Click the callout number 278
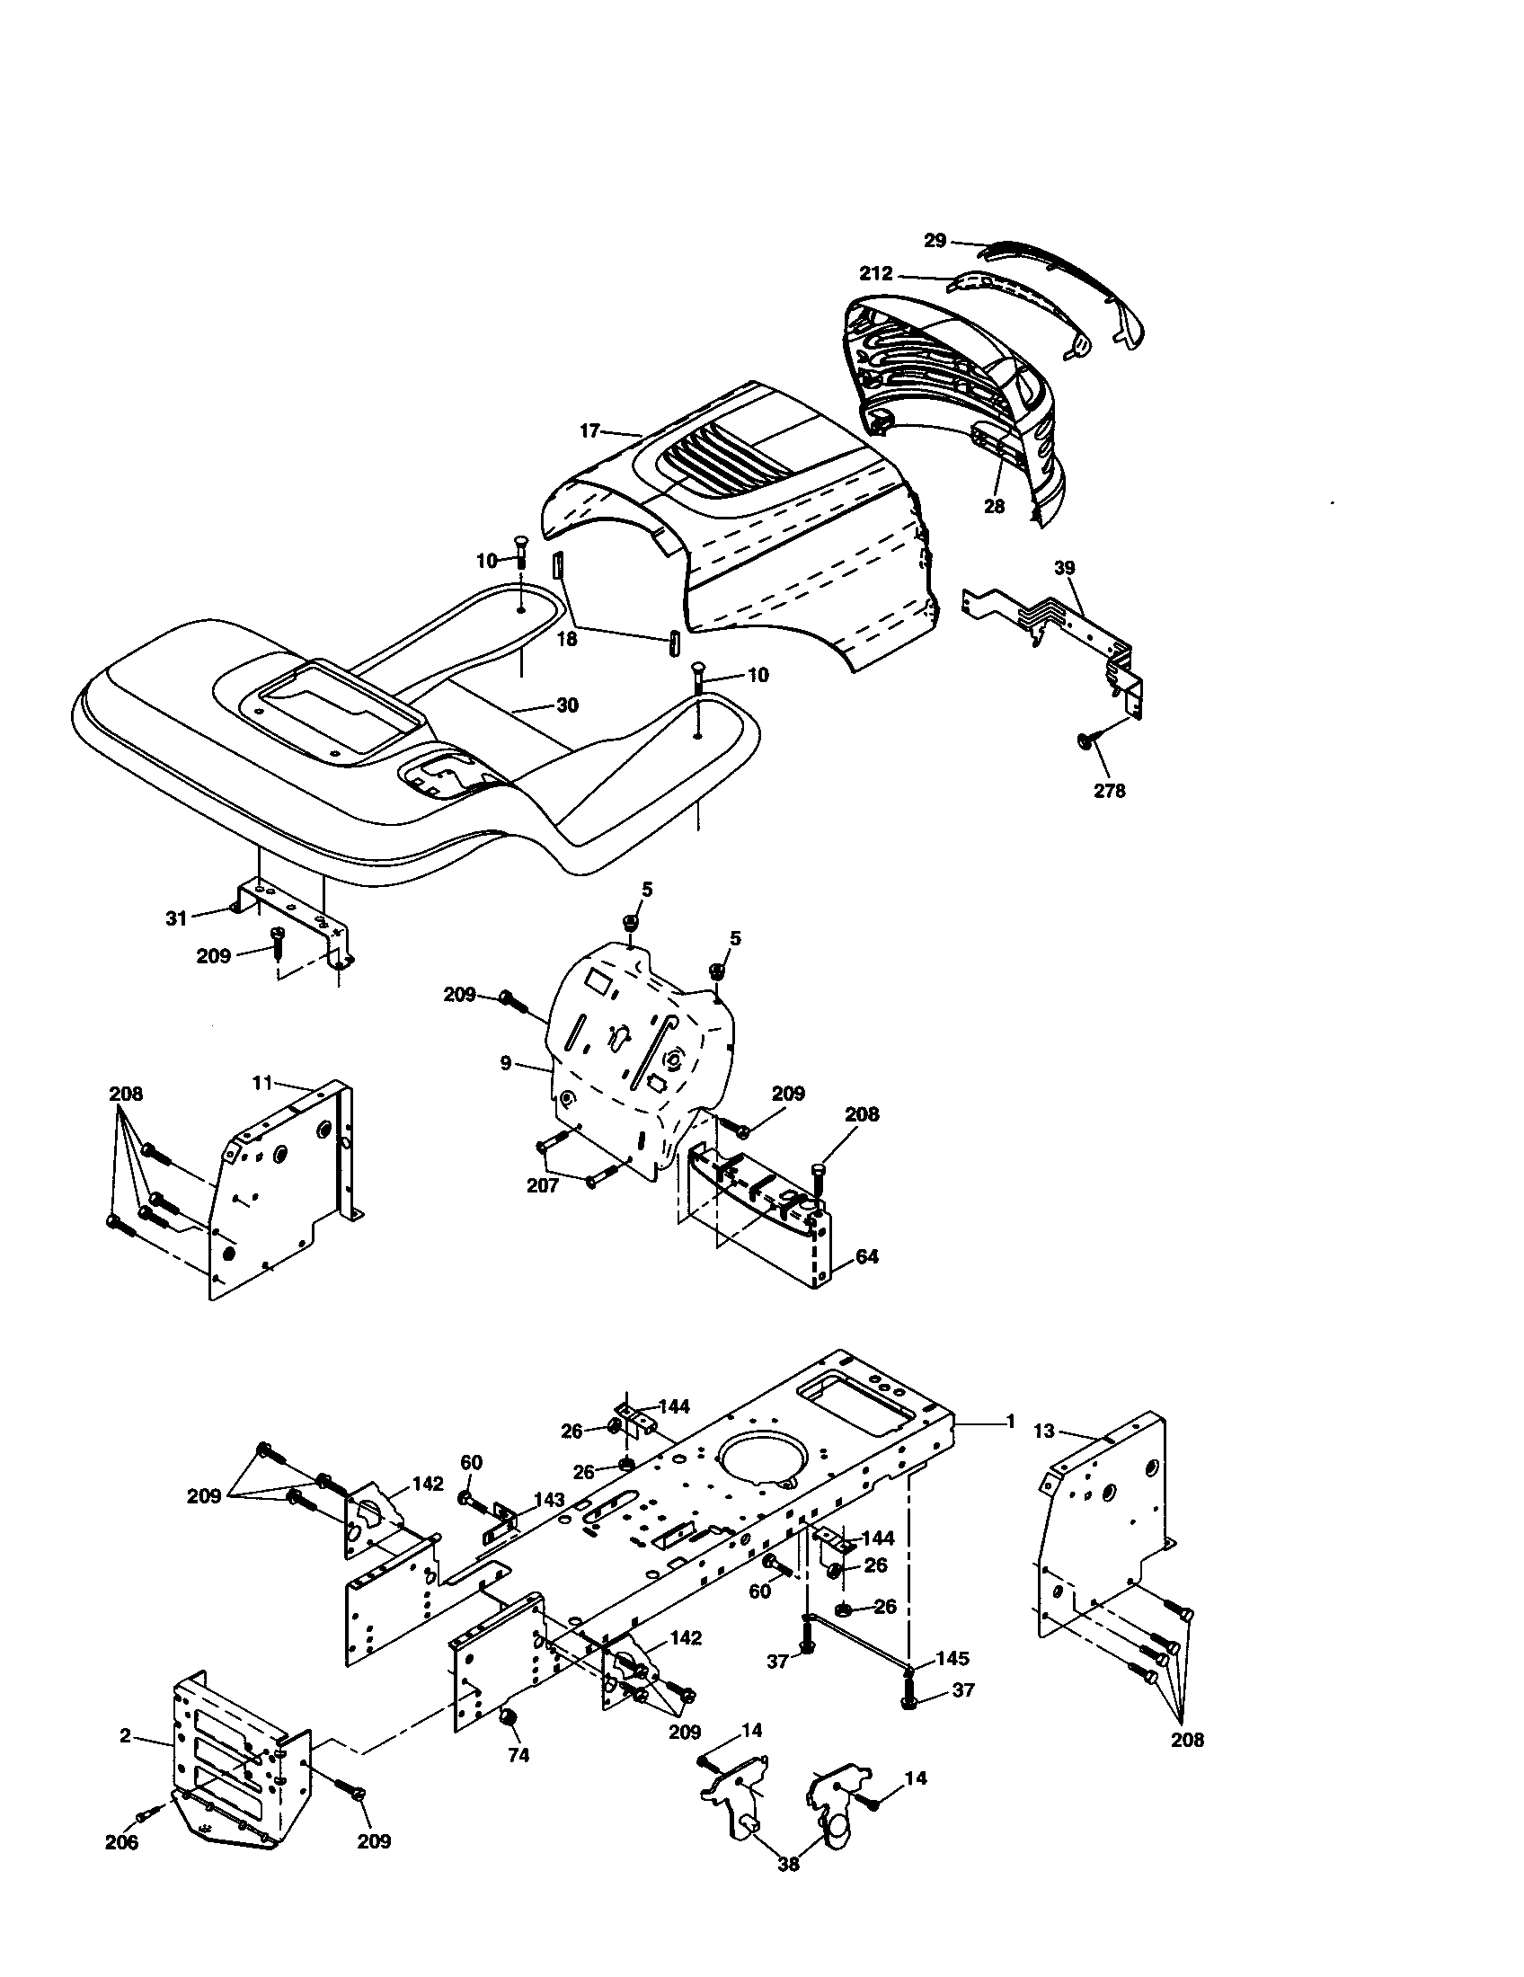[x=1109, y=790]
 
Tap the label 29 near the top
[x=935, y=241]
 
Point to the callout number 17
[x=589, y=430]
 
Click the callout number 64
[x=866, y=1256]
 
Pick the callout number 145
[x=952, y=1658]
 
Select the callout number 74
[x=518, y=1755]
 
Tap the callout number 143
[x=548, y=1500]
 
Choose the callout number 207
[x=543, y=1185]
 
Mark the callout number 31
[x=175, y=918]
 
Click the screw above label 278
[x=1085, y=741]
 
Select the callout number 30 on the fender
[x=566, y=705]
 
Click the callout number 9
[x=505, y=1065]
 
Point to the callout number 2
[x=125, y=1735]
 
